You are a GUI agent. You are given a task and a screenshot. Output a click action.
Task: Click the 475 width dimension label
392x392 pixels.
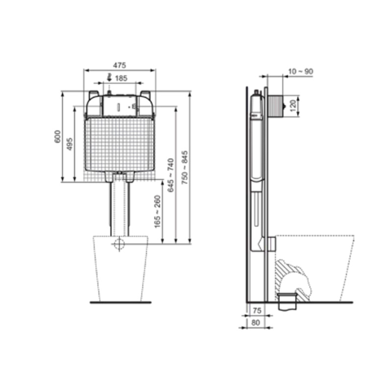click(x=120, y=65)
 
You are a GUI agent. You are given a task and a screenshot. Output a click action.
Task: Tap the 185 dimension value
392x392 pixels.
click(x=121, y=78)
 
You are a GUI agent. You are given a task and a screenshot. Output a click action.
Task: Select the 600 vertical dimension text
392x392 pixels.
click(x=58, y=136)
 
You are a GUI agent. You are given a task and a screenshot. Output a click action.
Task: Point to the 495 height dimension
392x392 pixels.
click(x=70, y=144)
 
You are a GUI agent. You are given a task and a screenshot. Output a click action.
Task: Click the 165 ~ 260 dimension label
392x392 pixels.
click(x=158, y=212)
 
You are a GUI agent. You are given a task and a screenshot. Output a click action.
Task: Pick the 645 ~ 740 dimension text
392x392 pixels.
click(x=171, y=175)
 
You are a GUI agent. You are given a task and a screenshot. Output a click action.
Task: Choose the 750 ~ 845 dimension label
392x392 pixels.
click(x=185, y=168)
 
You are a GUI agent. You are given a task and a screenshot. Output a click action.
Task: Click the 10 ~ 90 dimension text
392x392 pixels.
click(x=301, y=72)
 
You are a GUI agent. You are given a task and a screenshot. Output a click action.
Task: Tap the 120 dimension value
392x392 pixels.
click(x=293, y=106)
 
